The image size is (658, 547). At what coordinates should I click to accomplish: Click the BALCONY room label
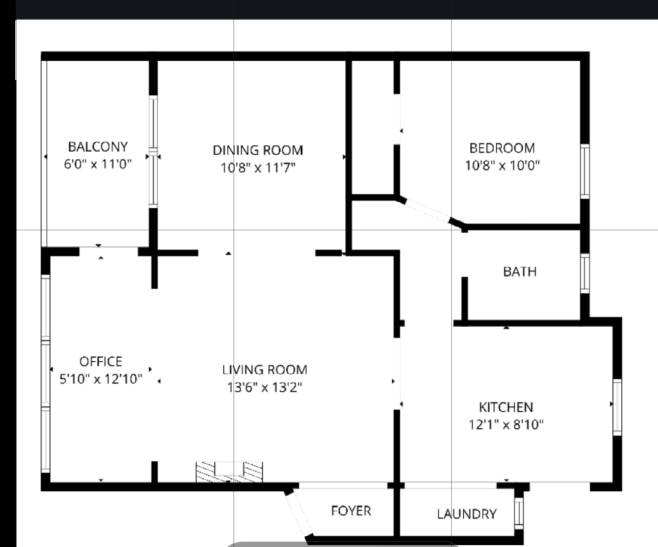coord(98,147)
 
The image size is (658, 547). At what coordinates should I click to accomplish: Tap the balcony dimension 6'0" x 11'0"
coord(98,164)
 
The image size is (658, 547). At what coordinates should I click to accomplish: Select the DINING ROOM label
coord(258,150)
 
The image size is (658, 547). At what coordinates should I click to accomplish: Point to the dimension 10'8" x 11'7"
coord(258,168)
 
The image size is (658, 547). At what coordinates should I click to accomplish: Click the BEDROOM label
coord(503,148)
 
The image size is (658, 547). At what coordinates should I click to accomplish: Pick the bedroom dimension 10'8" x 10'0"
coord(503,166)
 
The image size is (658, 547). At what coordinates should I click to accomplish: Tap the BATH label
coord(520,272)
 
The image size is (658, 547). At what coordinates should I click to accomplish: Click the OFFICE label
coord(101,362)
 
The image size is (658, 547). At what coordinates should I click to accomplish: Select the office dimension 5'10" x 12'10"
coord(101,379)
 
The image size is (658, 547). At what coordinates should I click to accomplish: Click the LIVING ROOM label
coord(265,369)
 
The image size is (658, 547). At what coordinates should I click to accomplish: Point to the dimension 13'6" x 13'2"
coord(265,387)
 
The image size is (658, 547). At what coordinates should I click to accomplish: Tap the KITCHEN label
coord(506,407)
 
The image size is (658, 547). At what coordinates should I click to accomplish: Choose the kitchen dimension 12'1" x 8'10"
coord(506,425)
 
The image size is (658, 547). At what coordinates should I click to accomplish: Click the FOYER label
coord(352,510)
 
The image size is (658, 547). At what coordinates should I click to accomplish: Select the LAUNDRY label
coord(466,514)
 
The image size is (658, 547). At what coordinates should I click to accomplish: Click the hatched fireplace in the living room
coord(229,472)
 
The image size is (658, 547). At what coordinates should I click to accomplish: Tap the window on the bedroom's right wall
coord(585,171)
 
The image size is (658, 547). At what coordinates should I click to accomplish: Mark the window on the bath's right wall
coord(585,273)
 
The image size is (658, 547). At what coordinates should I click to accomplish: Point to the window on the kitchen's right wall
coord(617,407)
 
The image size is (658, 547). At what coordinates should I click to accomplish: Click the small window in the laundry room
coord(519,513)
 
